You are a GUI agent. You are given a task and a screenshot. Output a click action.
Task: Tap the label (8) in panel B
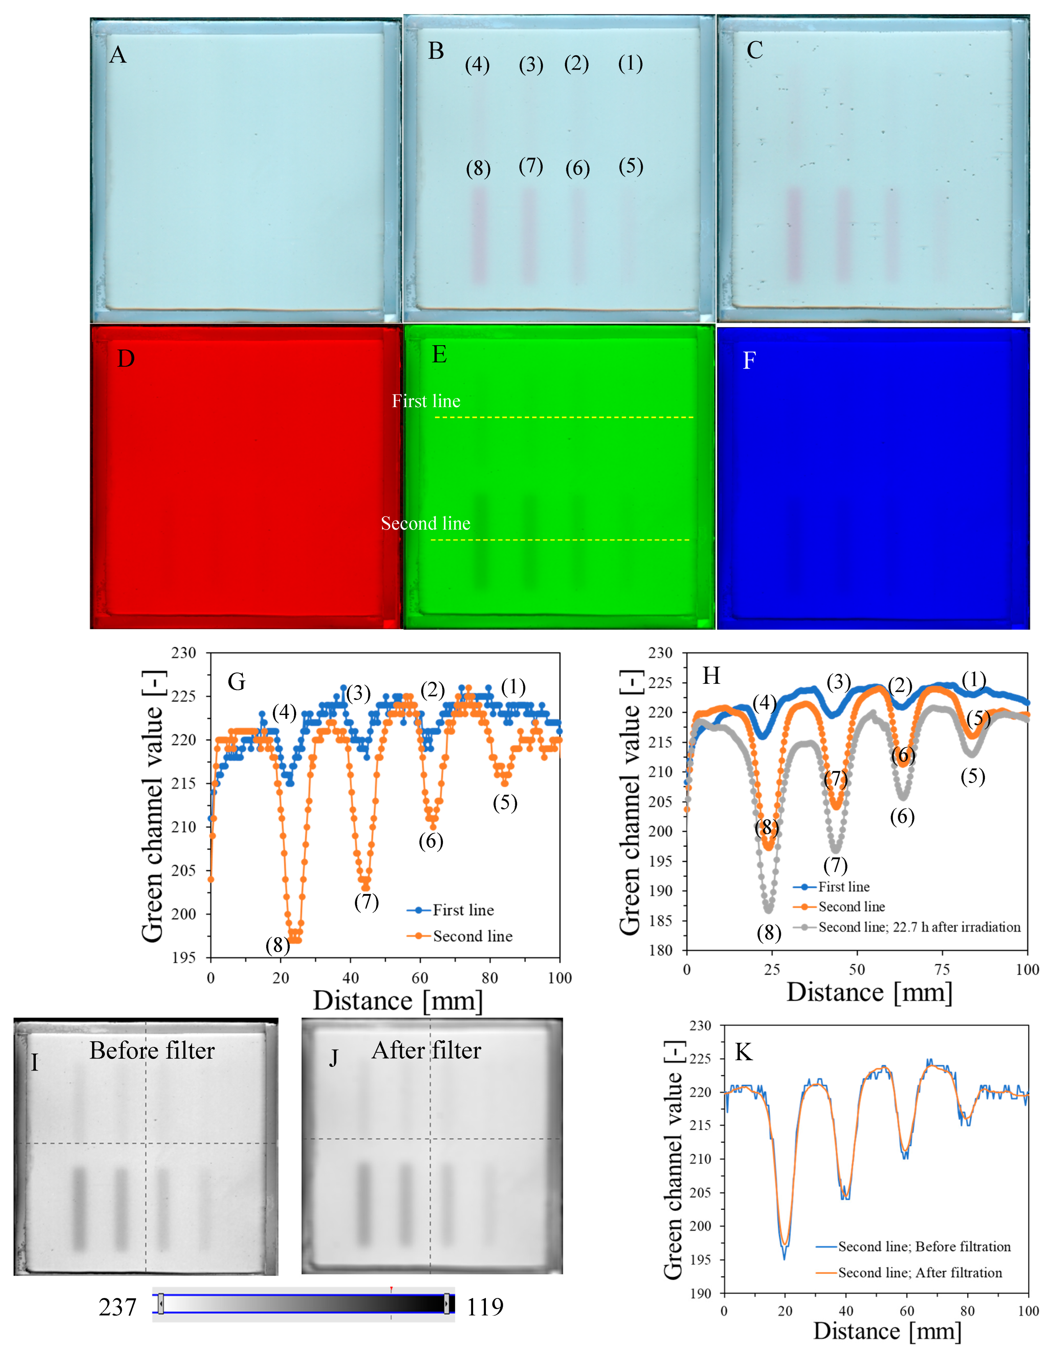(478, 168)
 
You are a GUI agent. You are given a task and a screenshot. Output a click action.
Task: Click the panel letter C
(754, 50)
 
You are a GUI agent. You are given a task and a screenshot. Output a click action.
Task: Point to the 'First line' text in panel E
(426, 401)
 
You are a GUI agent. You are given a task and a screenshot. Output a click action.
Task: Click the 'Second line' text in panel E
(426, 523)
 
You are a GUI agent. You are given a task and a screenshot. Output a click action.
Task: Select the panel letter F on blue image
(749, 361)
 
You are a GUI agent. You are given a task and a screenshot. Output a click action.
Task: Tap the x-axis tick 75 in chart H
(942, 969)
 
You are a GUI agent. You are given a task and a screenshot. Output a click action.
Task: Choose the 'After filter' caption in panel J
(426, 1051)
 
